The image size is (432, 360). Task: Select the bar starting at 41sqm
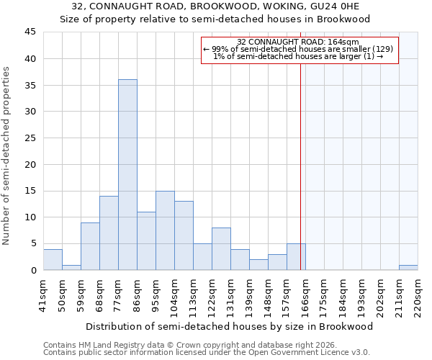tap(53, 259)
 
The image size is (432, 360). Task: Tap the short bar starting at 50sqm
tap(71, 267)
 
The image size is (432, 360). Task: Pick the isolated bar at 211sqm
tap(408, 267)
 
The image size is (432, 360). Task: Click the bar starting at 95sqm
tap(165, 230)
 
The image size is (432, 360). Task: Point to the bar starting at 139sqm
tap(258, 265)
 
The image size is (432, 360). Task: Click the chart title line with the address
tap(215, 6)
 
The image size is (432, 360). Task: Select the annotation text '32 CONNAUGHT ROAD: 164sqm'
tap(298, 42)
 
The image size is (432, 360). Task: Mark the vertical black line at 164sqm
tap(300, 180)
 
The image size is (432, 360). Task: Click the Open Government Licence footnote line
tap(207, 353)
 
